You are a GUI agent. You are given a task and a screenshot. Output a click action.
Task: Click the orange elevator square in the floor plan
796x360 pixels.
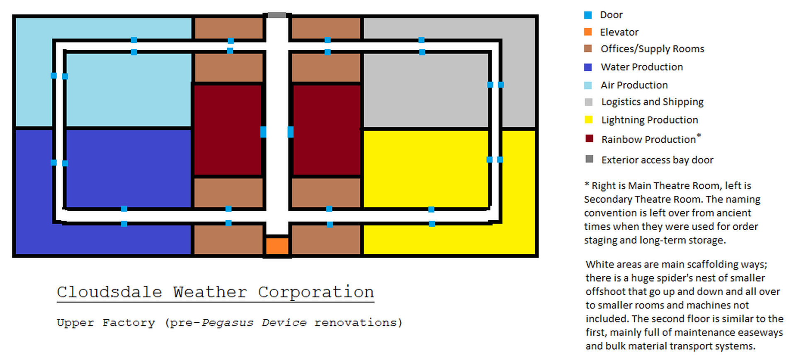tap(277, 246)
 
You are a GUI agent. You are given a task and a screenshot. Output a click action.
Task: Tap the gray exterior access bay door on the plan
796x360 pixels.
tap(277, 15)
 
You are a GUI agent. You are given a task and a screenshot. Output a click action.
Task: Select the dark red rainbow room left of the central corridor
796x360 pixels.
tap(227, 130)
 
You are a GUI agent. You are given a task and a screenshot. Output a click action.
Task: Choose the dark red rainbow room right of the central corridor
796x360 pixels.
tap(327, 130)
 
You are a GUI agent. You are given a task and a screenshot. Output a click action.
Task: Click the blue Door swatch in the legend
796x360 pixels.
tap(588, 15)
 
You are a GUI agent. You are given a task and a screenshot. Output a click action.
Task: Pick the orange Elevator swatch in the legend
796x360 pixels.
tap(588, 32)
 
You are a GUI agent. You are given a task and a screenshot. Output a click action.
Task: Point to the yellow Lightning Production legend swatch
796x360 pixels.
tap(588, 120)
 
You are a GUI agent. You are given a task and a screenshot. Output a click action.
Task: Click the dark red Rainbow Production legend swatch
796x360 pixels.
tap(589, 139)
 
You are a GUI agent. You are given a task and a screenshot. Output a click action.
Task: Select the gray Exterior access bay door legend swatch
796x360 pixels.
tap(589, 159)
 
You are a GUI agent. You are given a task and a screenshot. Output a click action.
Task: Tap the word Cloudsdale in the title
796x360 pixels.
tap(109, 292)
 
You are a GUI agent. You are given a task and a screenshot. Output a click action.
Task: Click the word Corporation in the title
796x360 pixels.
tap(316, 292)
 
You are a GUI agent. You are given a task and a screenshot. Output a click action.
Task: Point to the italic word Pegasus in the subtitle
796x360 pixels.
tap(227, 323)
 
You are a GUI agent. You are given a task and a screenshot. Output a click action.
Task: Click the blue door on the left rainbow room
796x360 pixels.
tap(263, 132)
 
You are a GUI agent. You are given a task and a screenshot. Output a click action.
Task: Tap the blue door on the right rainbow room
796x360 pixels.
tap(291, 132)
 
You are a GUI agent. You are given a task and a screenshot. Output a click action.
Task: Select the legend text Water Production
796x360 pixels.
tap(642, 67)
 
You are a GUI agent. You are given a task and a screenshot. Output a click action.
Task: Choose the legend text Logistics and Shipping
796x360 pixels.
tap(653, 102)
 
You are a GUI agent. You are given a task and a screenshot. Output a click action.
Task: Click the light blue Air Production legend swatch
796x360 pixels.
tap(588, 85)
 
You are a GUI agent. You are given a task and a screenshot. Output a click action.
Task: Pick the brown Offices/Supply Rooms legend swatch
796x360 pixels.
tap(588, 49)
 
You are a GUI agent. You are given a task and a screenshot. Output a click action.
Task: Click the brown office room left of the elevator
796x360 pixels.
tap(228, 239)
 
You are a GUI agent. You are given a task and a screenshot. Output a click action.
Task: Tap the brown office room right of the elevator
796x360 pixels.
tap(326, 239)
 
